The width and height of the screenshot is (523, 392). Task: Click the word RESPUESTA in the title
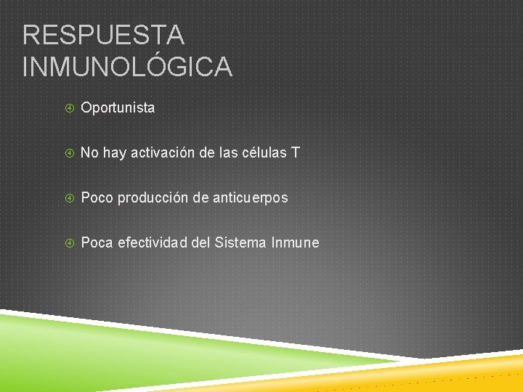pyautogui.click(x=104, y=34)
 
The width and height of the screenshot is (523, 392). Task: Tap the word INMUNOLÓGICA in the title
pyautogui.click(x=128, y=67)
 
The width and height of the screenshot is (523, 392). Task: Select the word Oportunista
pyautogui.click(x=118, y=107)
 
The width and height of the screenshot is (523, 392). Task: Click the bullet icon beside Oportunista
pyautogui.click(x=70, y=108)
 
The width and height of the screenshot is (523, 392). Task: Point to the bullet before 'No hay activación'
pyautogui.click(x=70, y=153)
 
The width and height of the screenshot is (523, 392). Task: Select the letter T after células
pyautogui.click(x=295, y=152)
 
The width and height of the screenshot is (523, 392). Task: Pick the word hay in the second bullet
pyautogui.click(x=115, y=152)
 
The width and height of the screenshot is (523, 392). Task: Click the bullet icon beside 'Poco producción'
pyautogui.click(x=70, y=198)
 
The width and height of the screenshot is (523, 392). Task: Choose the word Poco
pyautogui.click(x=97, y=197)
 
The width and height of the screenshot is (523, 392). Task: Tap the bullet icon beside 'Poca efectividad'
pyautogui.click(x=70, y=243)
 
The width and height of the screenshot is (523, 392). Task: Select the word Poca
pyautogui.click(x=97, y=242)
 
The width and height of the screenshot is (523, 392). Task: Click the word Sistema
pyautogui.click(x=241, y=242)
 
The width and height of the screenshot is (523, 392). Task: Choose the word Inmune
pyautogui.click(x=295, y=242)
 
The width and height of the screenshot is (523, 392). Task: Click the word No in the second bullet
pyautogui.click(x=89, y=152)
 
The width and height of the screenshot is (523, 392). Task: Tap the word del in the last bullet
pyautogui.click(x=200, y=242)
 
